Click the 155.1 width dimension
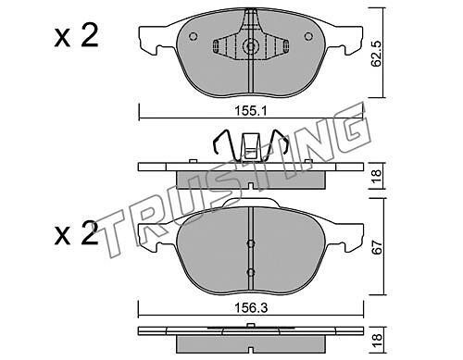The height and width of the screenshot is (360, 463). coord(251,111)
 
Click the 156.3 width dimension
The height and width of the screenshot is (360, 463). coord(251,308)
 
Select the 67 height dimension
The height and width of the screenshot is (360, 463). coord(378,247)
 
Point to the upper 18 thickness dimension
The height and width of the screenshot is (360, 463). coord(377,177)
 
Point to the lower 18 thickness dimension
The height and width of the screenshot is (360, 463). coord(377,341)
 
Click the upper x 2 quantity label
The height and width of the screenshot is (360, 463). coord(76,36)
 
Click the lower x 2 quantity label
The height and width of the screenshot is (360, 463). coord(76,233)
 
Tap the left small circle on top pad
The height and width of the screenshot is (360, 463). coord(193,36)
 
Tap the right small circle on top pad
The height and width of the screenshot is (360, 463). coord(308,36)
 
